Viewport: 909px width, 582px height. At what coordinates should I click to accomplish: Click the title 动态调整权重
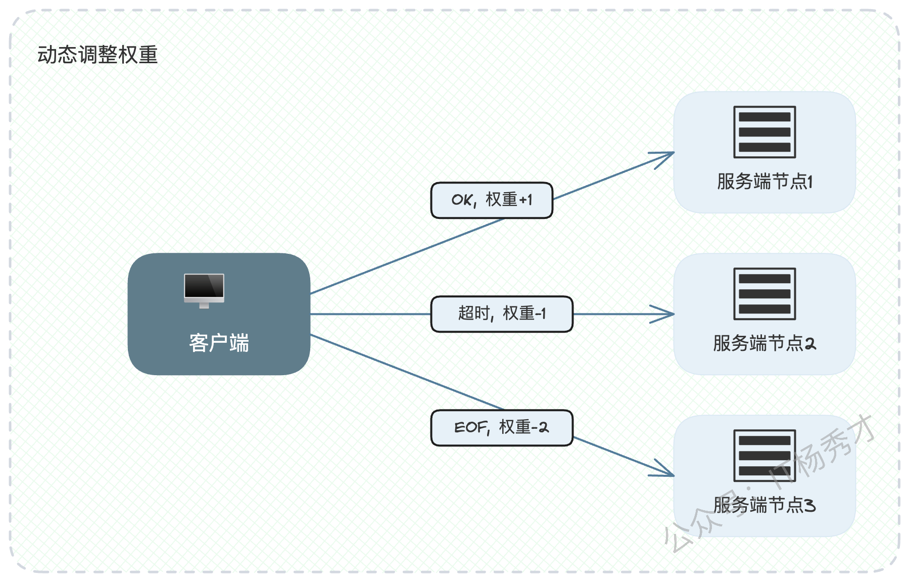tap(98, 55)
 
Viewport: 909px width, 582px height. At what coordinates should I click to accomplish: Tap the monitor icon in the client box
tap(204, 291)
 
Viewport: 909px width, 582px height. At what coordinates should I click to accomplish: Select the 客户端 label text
tap(219, 343)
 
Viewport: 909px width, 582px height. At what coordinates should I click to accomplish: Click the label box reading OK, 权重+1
tap(492, 200)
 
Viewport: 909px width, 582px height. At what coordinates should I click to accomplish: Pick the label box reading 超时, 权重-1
tap(502, 314)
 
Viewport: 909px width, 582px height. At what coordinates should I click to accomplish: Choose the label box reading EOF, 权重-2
tap(502, 428)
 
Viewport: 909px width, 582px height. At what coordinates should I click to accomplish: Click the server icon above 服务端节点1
tap(764, 132)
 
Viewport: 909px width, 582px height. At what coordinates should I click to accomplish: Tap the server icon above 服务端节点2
tap(764, 294)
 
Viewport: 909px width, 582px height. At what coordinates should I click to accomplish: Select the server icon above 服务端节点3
tap(764, 456)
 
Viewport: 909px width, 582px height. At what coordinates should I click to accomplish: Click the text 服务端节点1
tap(764, 181)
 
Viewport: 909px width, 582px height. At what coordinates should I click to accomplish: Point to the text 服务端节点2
tap(764, 343)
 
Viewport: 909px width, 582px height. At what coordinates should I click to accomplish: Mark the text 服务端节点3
tap(764, 505)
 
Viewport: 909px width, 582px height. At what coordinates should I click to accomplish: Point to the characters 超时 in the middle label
tap(473, 314)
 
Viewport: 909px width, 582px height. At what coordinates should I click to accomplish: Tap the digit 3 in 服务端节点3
tap(810, 505)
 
